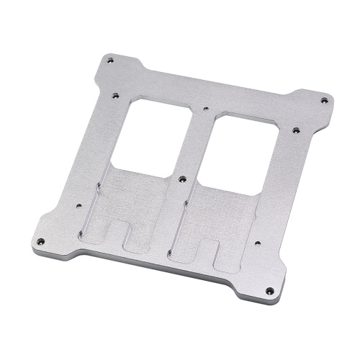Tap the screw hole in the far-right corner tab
pos(324,100)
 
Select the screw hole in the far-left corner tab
pos(40,240)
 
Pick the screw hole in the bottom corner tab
pos(269,291)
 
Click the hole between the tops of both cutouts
pos(207,110)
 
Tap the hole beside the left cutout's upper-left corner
pos(114,94)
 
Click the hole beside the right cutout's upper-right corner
pos(295,131)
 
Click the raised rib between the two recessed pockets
pos(176,216)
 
